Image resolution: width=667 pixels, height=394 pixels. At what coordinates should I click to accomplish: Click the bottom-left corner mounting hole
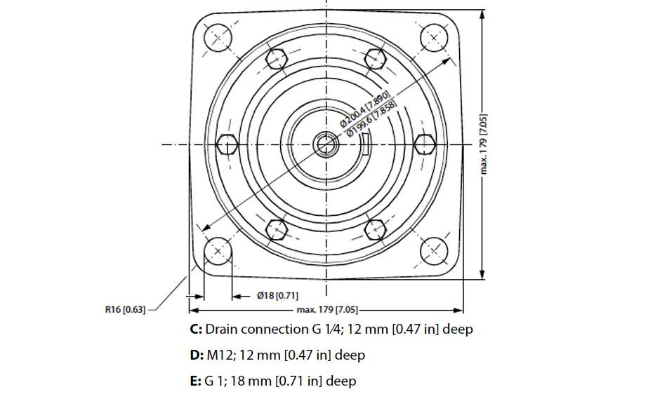point(217,250)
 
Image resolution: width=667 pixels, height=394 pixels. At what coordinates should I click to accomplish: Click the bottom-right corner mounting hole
point(435,250)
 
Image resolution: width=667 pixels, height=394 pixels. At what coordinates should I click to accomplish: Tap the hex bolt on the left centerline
point(227,145)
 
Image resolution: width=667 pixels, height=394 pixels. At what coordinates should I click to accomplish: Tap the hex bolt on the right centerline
point(424,144)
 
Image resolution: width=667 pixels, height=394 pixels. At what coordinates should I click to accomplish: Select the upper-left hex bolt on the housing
point(277,60)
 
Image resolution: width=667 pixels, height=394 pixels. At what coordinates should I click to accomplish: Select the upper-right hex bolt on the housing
point(376,60)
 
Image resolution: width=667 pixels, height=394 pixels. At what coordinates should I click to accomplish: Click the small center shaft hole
point(326,144)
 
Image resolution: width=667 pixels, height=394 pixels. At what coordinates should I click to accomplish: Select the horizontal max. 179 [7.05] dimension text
point(327,309)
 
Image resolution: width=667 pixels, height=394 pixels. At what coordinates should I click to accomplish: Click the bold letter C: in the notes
point(196,329)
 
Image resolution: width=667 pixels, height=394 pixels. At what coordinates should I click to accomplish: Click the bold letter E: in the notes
point(195,381)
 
